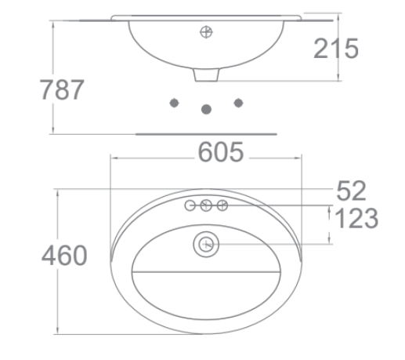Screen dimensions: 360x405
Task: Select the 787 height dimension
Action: pyautogui.click(x=62, y=89)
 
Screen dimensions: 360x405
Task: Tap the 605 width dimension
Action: pyautogui.click(x=220, y=153)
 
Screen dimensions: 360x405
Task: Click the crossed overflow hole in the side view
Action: pyautogui.click(x=207, y=32)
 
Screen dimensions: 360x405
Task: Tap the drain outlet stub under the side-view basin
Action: pyautogui.click(x=206, y=75)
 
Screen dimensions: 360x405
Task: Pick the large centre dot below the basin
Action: pyautogui.click(x=207, y=109)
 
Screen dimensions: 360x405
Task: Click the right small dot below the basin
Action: pyautogui.click(x=239, y=103)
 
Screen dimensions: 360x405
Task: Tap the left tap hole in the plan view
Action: pyautogui.click(x=190, y=205)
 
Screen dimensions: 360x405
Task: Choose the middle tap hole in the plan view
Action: pyautogui.click(x=207, y=205)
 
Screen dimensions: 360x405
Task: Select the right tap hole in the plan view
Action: pyautogui.click(x=222, y=205)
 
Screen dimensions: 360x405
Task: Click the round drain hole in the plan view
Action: pyautogui.click(x=207, y=245)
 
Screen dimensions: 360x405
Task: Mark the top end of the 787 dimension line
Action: pyautogui.click(x=52, y=16)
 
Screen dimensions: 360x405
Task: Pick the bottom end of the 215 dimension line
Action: pyautogui.click(x=338, y=80)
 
